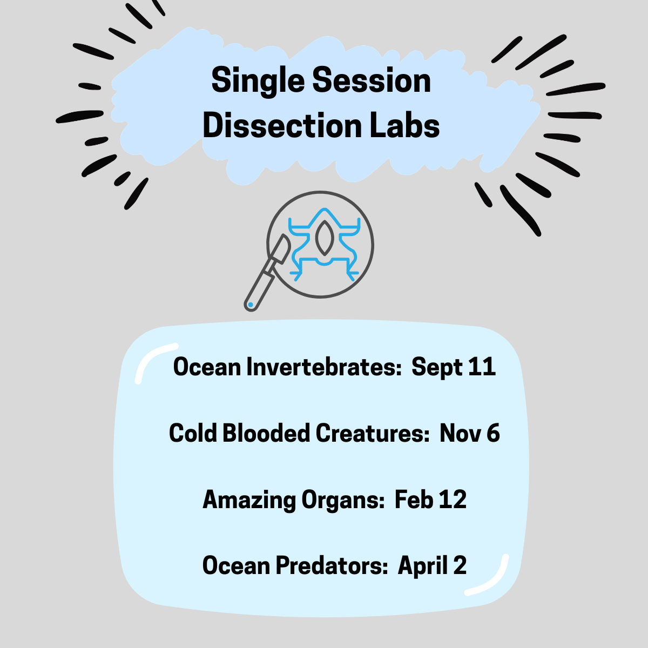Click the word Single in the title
258,81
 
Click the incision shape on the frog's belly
324,238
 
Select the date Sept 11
454,367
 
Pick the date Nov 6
470,434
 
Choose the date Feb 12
430,500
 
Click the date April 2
432,566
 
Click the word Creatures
372,434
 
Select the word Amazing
249,500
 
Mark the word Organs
342,500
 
